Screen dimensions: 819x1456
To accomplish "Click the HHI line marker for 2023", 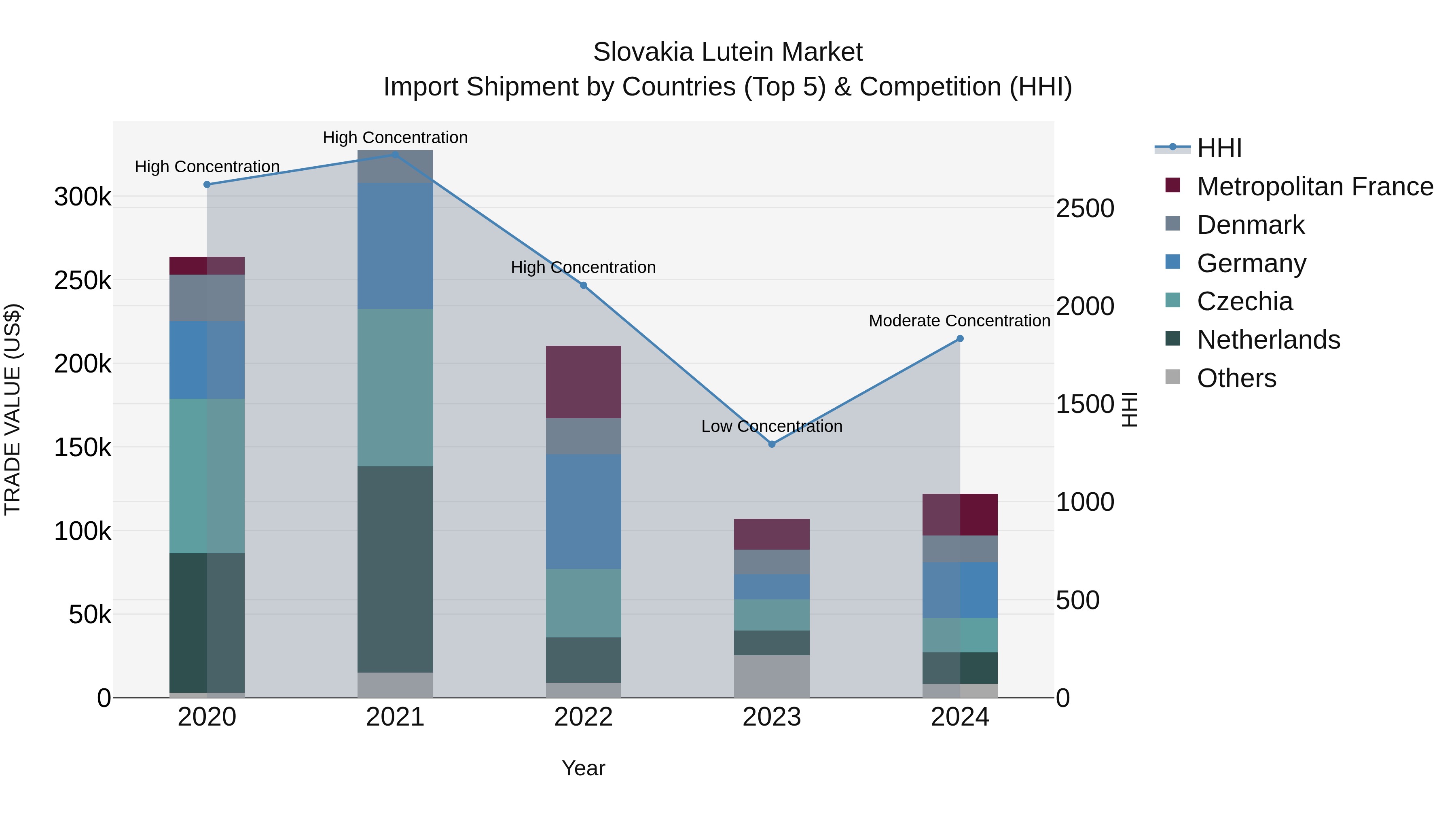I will click(x=772, y=444).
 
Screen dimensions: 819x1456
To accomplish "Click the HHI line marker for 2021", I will click(x=395, y=154).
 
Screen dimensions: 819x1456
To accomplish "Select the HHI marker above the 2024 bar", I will click(x=960, y=339).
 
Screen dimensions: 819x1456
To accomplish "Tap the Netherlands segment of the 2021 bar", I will click(x=395, y=569).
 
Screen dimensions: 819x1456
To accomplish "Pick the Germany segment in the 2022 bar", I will click(x=583, y=512).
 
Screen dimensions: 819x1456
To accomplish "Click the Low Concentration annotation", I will click(x=772, y=426).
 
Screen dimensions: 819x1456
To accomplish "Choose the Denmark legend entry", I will click(x=1250, y=225).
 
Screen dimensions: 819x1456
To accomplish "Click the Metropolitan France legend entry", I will click(x=1315, y=186).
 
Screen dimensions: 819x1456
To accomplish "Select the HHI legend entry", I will click(x=1219, y=148).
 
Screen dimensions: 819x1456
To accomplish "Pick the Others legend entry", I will click(x=1236, y=378).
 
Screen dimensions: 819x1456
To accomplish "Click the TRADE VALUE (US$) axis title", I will click(x=13, y=409).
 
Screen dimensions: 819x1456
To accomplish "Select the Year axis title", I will click(x=583, y=768).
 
